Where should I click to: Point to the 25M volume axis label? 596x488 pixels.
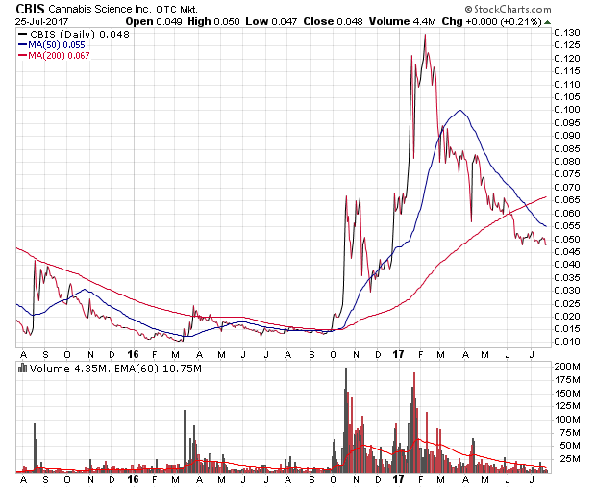pos(569,457)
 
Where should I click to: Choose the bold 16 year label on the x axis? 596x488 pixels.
pos(133,478)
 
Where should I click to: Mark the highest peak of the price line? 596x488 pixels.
pos(424,34)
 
